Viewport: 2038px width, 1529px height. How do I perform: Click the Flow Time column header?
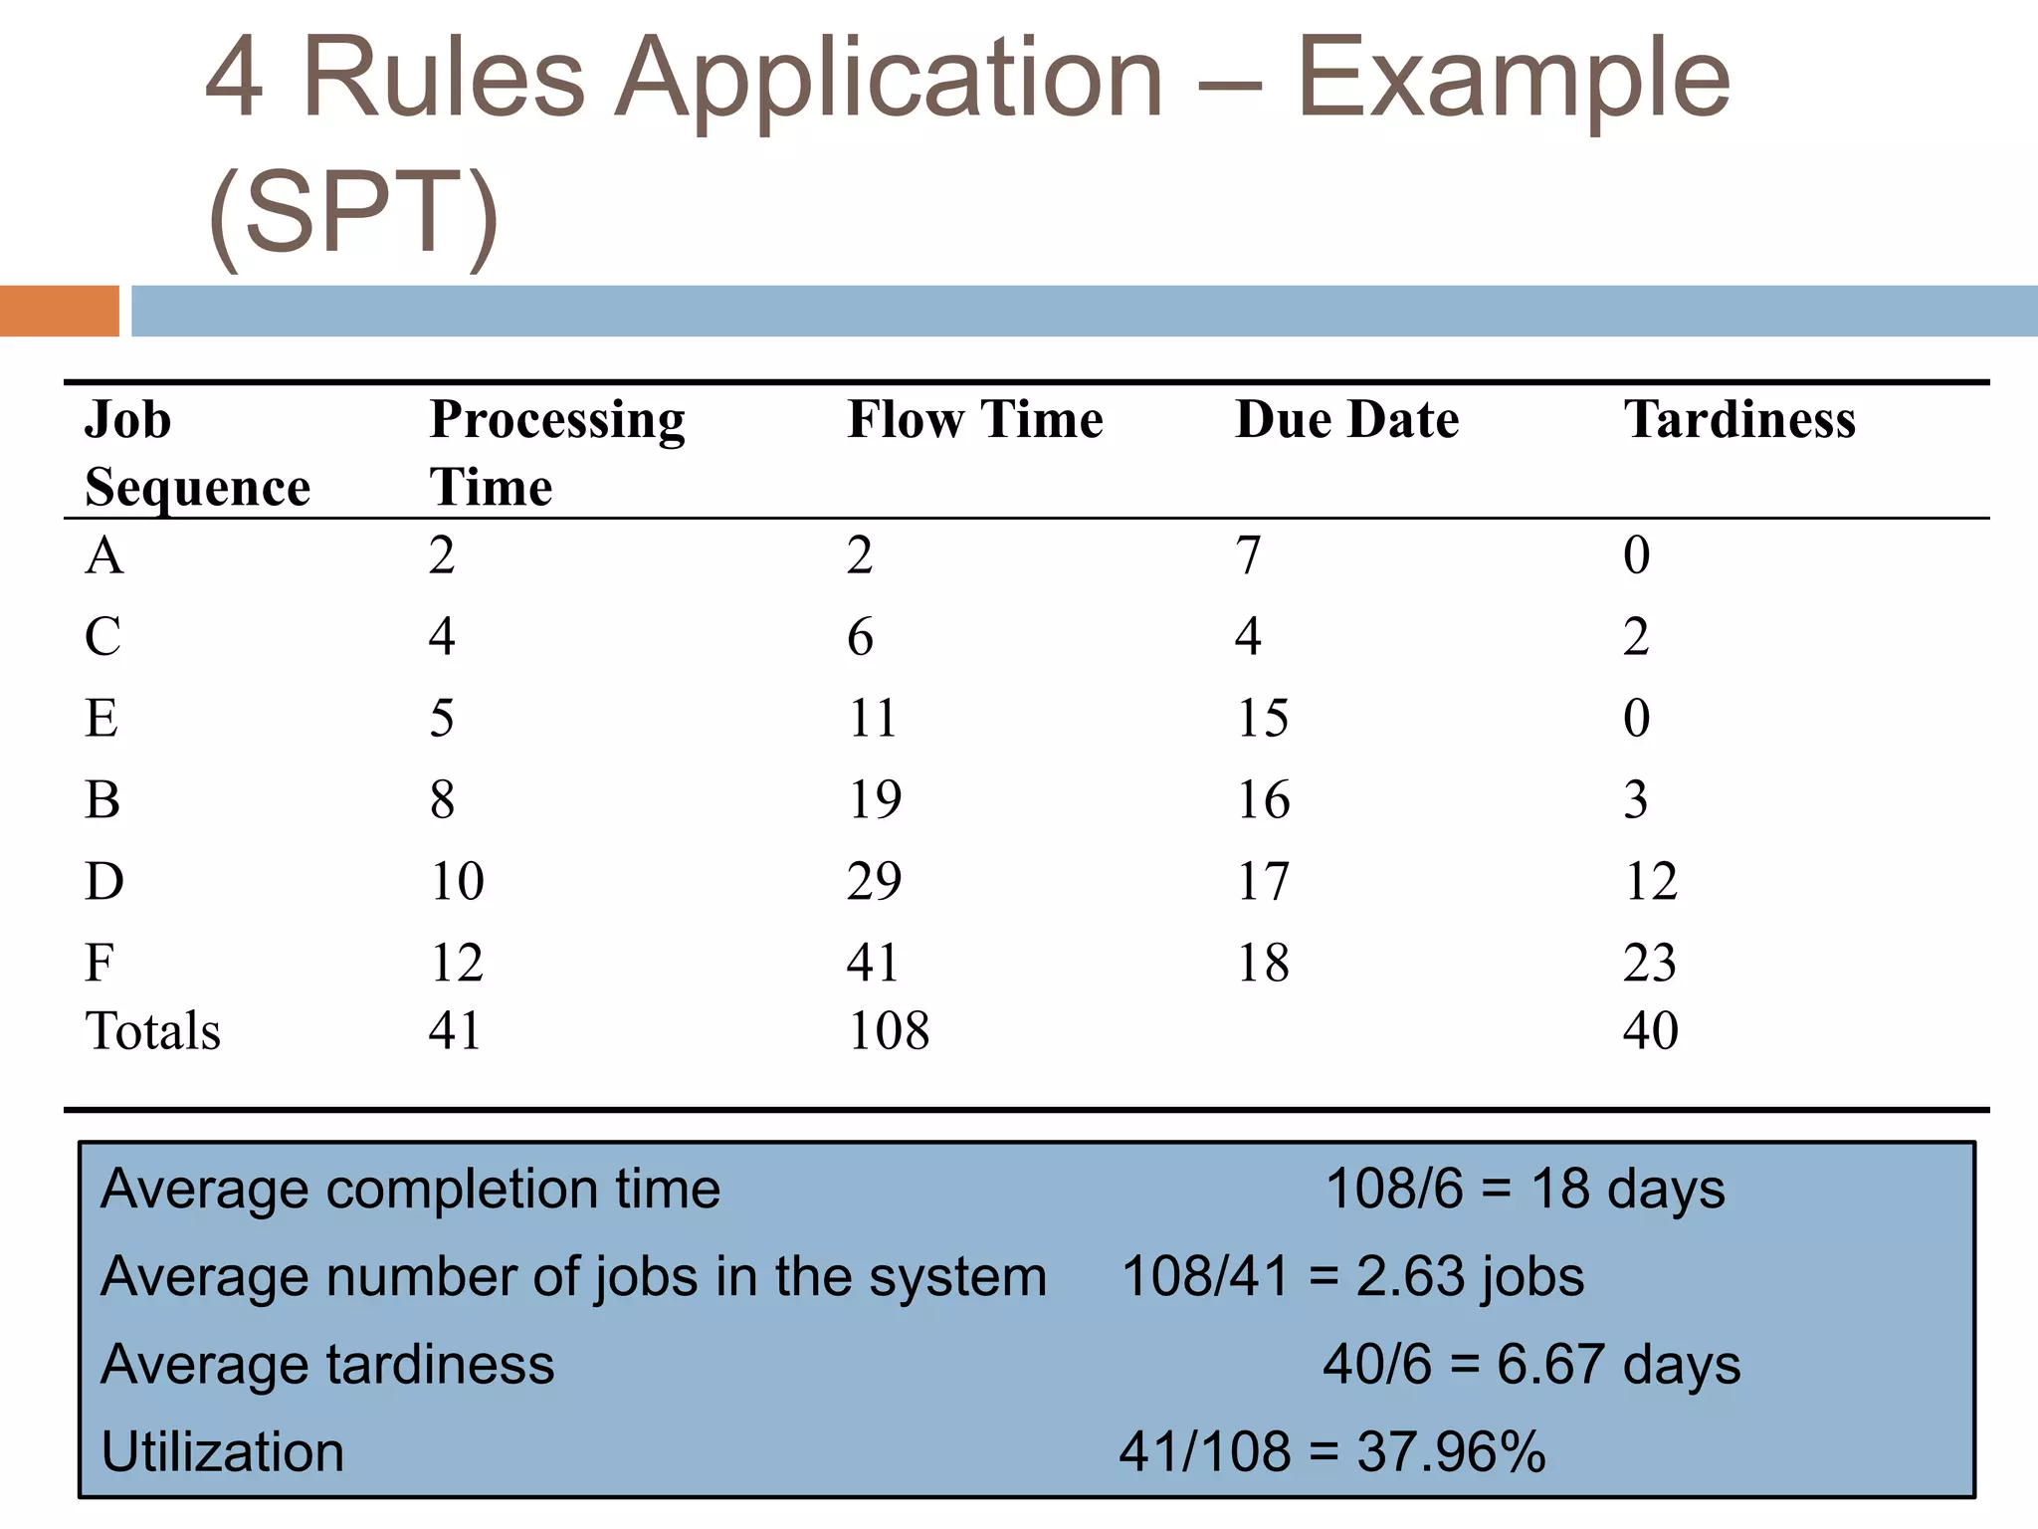pyautogui.click(x=974, y=419)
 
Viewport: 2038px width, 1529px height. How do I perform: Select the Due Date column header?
pyautogui.click(x=1346, y=419)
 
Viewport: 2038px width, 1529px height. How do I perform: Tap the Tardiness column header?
pyautogui.click(x=1739, y=419)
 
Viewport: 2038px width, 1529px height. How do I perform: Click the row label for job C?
pyautogui.click(x=102, y=636)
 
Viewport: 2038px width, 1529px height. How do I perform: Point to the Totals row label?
pyautogui.click(x=152, y=1030)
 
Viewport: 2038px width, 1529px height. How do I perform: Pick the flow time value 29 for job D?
pyautogui.click(x=874, y=881)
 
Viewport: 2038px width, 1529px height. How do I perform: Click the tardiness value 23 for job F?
pyautogui.click(x=1649, y=963)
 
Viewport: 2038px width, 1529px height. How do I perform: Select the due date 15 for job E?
pyautogui.click(x=1262, y=718)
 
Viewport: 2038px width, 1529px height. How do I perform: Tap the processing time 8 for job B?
pyautogui.click(x=442, y=799)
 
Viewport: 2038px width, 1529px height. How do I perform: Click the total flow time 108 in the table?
pyautogui.click(x=888, y=1030)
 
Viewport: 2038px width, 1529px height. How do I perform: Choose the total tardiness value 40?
pyautogui.click(x=1650, y=1030)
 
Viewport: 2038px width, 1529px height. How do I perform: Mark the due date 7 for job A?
pyautogui.click(x=1248, y=555)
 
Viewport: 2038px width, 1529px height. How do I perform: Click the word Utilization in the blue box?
pyautogui.click(x=222, y=1451)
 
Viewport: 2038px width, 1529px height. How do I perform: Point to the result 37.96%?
pyautogui.click(x=1451, y=1451)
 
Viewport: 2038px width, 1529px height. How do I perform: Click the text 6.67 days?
pyautogui.click(x=1618, y=1364)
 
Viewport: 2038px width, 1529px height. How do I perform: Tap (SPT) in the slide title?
pyautogui.click(x=353, y=212)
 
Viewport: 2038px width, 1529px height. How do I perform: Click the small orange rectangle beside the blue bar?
pyautogui.click(x=59, y=311)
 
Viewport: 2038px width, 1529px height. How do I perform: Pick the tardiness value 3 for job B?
pyautogui.click(x=1635, y=799)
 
